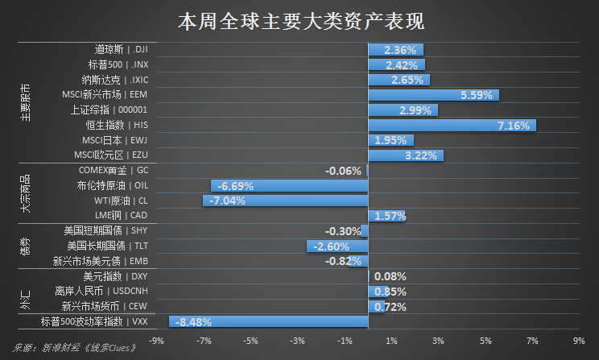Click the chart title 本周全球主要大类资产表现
pos(299,20)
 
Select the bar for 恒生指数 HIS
pos(452,125)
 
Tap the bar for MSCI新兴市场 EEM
pos(433,95)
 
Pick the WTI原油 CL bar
pos(285,201)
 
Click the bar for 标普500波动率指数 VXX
pos(268,322)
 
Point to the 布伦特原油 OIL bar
pos(289,185)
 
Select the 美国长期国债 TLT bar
pos(337,246)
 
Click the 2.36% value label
pos(400,50)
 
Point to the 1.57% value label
pos(390,216)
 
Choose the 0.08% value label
pos(390,276)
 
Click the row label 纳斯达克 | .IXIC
pos(115,80)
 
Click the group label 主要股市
pos(26,102)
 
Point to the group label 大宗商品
pos(26,193)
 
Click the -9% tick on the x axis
pos(157,341)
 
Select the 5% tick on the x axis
pos(485,341)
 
